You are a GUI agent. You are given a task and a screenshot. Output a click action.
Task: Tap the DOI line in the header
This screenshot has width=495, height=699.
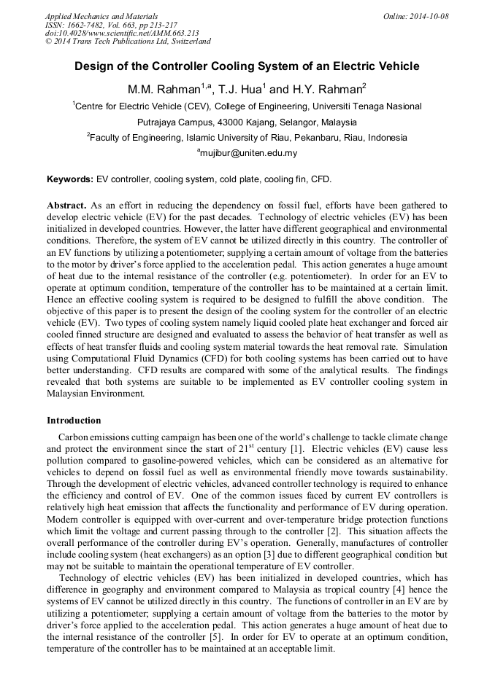click(122, 34)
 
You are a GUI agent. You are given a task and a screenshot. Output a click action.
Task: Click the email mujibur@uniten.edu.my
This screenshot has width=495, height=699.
click(248, 154)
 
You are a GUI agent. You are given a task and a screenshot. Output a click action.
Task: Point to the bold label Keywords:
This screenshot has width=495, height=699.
click(70, 179)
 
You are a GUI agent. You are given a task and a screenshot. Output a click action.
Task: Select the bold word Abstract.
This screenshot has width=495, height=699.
click(67, 206)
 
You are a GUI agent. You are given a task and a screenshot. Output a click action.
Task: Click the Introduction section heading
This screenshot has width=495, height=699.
click(74, 421)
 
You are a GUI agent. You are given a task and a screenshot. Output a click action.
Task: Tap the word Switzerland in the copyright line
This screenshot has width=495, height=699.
click(191, 42)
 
